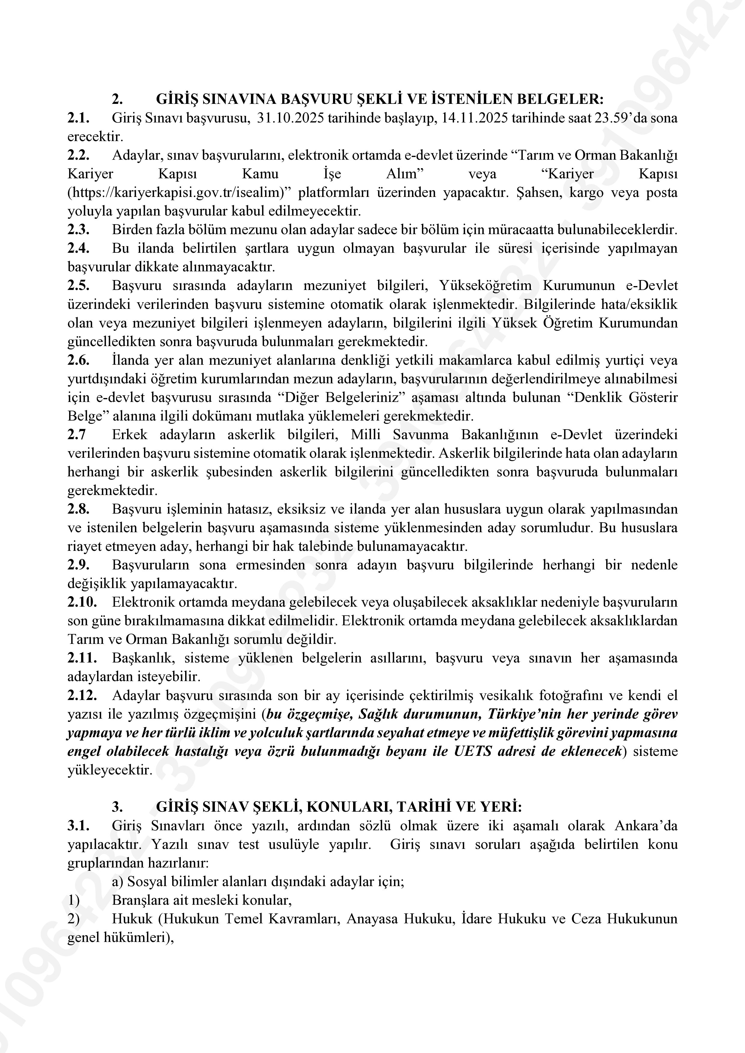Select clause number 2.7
(x=77, y=434)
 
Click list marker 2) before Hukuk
(x=73, y=919)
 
